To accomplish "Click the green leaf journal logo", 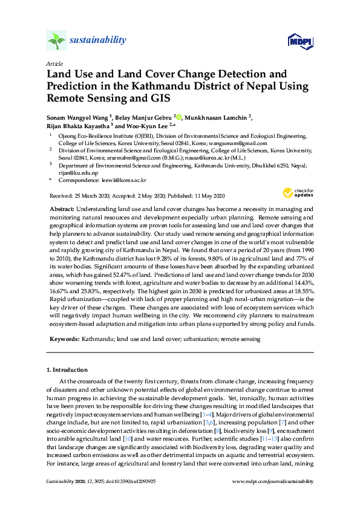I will [x=56, y=41].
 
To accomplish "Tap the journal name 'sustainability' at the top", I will [x=99, y=41].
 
